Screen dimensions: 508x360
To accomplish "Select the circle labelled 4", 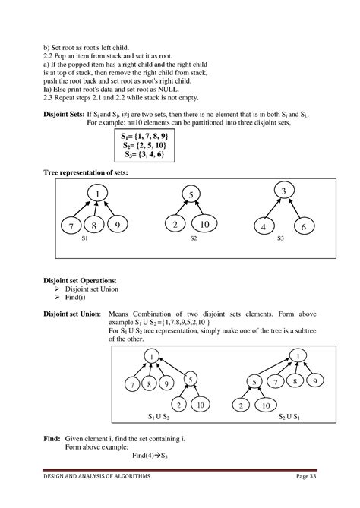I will (262, 227).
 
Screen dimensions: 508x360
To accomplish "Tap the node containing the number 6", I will (302, 227).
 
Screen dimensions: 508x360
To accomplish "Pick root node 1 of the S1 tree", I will (97, 196).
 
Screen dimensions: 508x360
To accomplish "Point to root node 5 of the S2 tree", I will (193, 195).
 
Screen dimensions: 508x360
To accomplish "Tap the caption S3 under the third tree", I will (280, 238).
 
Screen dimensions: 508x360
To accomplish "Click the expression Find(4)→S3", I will (172, 456).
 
